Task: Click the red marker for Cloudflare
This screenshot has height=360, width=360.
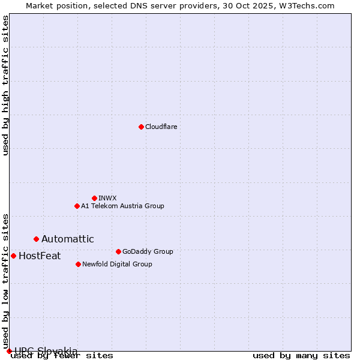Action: [141, 127]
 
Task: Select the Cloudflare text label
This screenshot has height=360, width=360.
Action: [161, 127]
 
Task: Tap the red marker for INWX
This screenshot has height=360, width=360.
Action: [94, 198]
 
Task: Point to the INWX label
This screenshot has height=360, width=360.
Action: [107, 198]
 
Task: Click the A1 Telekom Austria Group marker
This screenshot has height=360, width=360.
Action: [77, 206]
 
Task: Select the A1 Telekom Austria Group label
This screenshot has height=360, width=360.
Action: [122, 206]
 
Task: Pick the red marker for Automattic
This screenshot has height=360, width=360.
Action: [36, 239]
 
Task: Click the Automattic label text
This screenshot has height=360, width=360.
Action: [68, 239]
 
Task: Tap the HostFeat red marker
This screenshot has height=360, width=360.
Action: [13, 256]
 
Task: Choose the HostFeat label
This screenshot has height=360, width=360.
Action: [40, 256]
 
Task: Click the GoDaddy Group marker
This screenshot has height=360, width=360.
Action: [118, 251]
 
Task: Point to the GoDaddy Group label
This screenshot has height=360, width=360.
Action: [148, 251]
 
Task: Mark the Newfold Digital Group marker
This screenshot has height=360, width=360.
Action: [78, 264]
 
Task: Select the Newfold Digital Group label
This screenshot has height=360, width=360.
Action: [117, 264]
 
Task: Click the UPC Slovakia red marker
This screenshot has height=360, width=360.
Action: [9, 351]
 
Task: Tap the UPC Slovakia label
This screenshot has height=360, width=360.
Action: [46, 350]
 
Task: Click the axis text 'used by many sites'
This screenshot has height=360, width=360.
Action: [301, 356]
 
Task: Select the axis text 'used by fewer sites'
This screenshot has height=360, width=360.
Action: [62, 356]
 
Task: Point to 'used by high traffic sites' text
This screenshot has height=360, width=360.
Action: [6, 85]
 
